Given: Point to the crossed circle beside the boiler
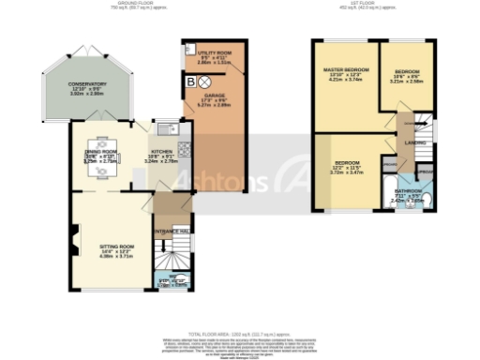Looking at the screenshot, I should (x=206, y=81).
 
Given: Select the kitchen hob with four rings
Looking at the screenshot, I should (x=184, y=147).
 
